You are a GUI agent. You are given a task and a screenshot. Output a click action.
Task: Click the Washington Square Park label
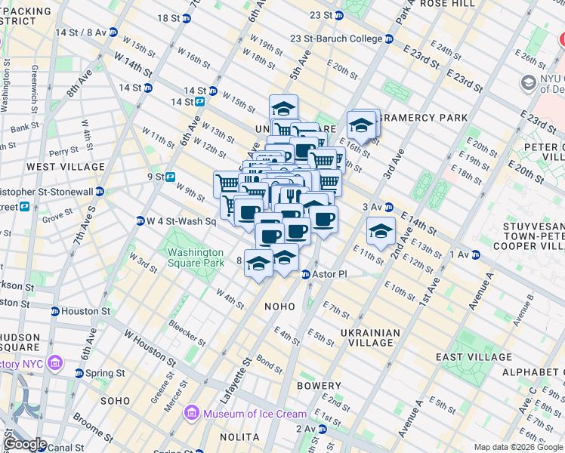(x=196, y=257)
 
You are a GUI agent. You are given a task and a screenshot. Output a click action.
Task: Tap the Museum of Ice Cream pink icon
(x=191, y=413)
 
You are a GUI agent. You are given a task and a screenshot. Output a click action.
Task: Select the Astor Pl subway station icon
(x=307, y=274)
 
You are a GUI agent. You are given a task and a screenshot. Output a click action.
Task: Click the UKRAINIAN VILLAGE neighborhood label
(x=369, y=337)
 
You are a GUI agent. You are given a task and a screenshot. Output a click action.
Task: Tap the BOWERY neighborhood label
(x=319, y=385)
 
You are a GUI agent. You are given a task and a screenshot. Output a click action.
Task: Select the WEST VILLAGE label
(x=66, y=166)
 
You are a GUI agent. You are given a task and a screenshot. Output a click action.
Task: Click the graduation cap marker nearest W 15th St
(x=284, y=108)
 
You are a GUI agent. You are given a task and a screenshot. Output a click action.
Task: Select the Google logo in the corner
(x=24, y=444)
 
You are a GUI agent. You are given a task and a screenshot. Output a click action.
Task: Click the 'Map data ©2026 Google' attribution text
(x=517, y=447)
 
